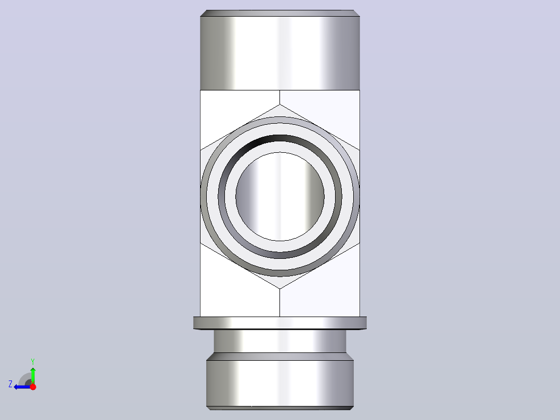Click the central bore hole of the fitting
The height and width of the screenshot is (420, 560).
click(280, 196)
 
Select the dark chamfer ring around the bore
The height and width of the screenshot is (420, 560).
click(280, 138)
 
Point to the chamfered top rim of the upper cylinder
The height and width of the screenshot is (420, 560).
click(280, 13)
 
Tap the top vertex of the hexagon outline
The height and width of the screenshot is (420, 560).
click(279, 104)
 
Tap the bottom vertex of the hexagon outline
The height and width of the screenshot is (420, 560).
click(279, 288)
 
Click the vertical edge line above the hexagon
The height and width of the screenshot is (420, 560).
click(279, 97)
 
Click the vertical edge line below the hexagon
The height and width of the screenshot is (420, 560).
click(279, 303)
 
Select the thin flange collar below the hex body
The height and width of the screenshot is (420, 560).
click(280, 323)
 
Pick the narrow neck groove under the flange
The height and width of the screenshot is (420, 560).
click(280, 341)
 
